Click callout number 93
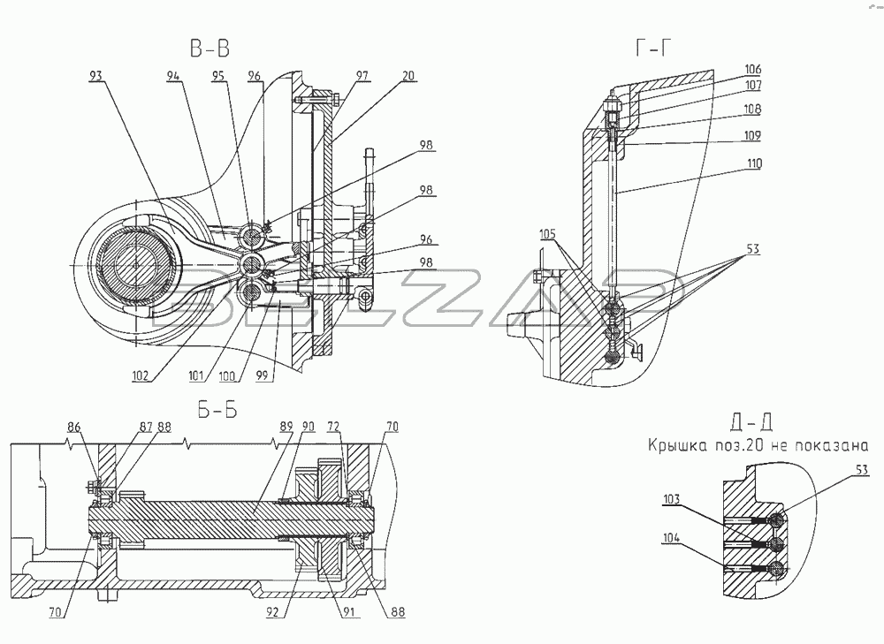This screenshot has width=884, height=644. [x=96, y=77]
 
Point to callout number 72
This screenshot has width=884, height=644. [x=333, y=427]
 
